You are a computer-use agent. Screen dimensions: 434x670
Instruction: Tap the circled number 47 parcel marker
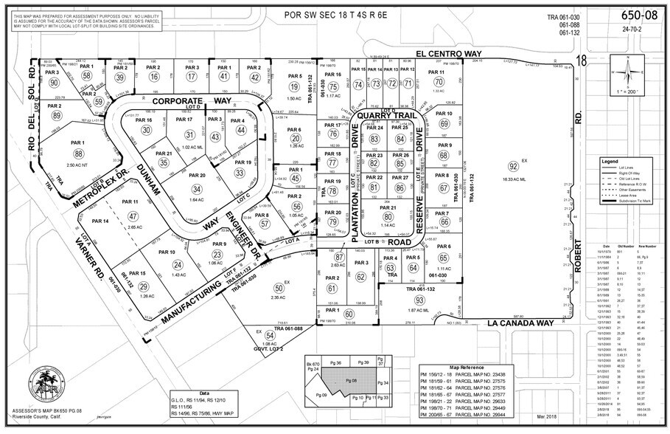(133, 216)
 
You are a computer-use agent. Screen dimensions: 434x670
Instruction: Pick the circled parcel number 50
(278, 288)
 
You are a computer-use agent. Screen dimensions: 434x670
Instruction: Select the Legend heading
(609, 161)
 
